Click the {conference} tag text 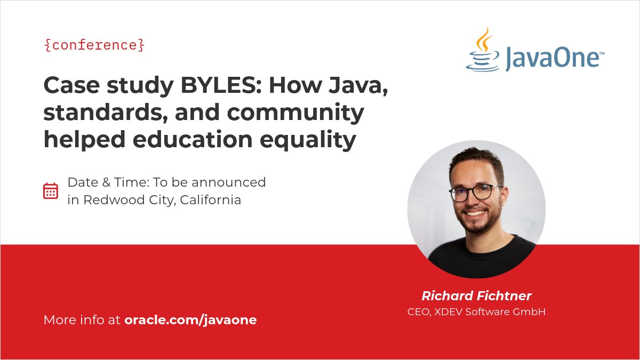click(x=94, y=45)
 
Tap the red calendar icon click(x=51, y=191)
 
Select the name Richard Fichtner click(x=476, y=295)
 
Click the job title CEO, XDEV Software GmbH click(x=476, y=311)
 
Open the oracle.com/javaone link click(x=190, y=320)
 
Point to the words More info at click(x=82, y=320)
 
